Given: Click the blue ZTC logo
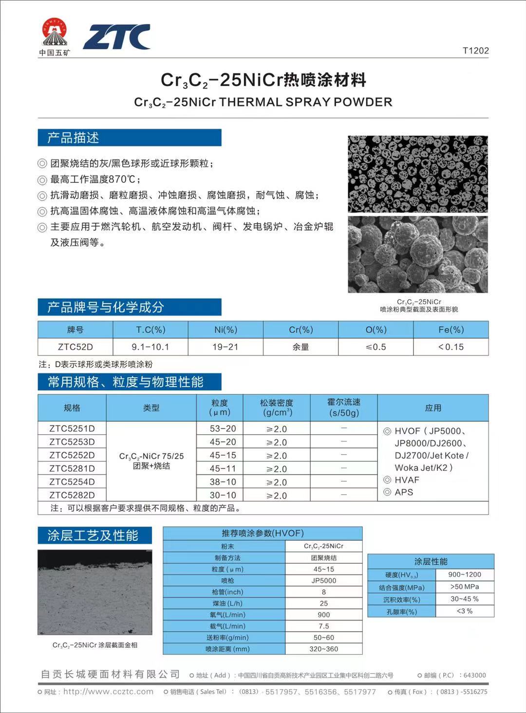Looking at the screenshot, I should click(116, 37).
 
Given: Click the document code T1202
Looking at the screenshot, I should click(475, 51).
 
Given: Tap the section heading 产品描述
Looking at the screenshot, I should click(73, 138).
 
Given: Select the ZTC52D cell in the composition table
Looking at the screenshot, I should click(75, 347).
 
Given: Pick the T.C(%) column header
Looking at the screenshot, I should click(150, 330).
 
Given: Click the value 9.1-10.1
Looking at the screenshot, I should click(150, 347).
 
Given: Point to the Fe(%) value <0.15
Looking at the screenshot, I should click(451, 347).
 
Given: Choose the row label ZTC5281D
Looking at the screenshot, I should click(72, 468).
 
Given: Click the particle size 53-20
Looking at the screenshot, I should click(223, 428).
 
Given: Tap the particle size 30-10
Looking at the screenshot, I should click(223, 495).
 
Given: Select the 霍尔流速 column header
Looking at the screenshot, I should click(344, 408).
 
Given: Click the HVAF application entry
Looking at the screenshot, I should click(407, 480).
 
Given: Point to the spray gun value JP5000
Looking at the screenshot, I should click(323, 580).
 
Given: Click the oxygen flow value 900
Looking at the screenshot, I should click(323, 615).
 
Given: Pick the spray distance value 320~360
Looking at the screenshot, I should click(323, 649).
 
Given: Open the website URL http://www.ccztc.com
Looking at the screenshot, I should click(108, 692).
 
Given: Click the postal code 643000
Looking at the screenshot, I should click(474, 675).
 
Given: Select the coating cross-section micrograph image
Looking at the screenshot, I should click(94, 592).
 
